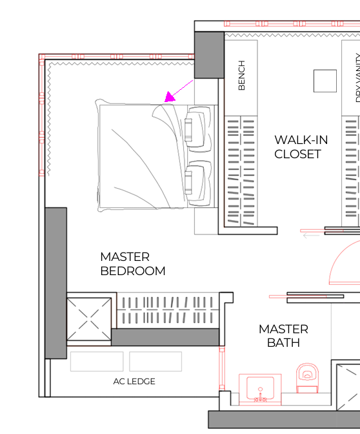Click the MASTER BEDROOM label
133,263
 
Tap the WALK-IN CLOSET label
301,147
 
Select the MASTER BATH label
283,336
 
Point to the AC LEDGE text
134,382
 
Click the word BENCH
241,76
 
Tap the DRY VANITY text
357,78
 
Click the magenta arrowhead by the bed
169,97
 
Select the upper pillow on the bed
198,129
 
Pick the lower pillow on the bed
198,183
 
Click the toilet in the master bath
307,378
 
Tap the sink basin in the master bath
260,387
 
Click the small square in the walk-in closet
325,81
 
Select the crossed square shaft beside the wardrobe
89,319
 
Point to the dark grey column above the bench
209,55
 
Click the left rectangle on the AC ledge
97,361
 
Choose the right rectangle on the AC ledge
155,361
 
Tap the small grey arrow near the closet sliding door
312,236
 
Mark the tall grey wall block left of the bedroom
56,283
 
